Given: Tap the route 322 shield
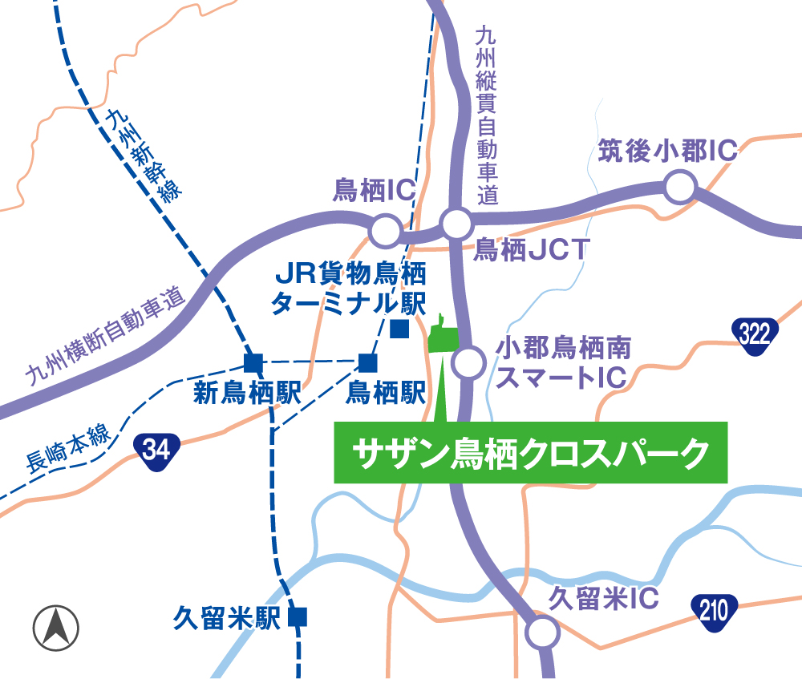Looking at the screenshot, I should [755, 333].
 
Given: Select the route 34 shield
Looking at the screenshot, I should [156, 447].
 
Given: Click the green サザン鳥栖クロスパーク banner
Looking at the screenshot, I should [530, 453].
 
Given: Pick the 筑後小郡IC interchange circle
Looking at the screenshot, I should [679, 189].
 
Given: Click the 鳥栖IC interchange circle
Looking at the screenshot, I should [385, 231].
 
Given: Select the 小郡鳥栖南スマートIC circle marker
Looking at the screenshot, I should [468, 362].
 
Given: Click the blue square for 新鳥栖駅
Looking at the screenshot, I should [253, 362].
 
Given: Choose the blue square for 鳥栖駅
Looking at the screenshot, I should [367, 362].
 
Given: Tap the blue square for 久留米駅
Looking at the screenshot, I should [298, 616].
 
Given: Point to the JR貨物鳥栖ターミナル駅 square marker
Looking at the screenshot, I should [399, 329].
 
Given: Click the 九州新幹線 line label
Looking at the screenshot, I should [144, 157].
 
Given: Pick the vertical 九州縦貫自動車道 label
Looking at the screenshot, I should [486, 116].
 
